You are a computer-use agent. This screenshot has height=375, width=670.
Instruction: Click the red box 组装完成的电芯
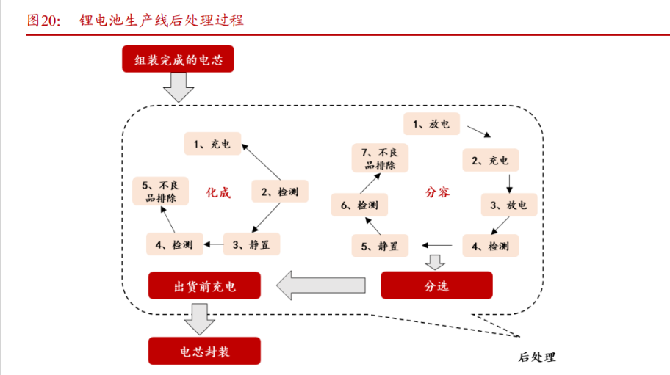tap(178, 59)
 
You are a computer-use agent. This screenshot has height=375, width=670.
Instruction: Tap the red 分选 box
tap(436, 285)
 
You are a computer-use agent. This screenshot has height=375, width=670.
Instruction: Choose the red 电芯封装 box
tap(205, 352)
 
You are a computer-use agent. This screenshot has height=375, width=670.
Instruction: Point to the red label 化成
tap(218, 193)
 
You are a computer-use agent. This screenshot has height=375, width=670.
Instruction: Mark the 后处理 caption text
tap(536, 357)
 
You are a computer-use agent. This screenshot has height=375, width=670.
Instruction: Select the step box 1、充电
tap(212, 144)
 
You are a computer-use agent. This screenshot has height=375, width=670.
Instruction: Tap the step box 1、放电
tap(431, 124)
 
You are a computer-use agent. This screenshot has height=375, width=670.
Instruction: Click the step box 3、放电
tap(508, 205)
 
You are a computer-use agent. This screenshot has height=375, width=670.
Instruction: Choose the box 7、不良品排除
tap(379, 159)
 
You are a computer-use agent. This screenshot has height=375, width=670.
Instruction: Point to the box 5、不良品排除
tap(159, 192)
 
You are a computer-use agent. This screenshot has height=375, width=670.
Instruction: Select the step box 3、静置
tap(251, 244)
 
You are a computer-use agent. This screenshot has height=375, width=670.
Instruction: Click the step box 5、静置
tap(380, 246)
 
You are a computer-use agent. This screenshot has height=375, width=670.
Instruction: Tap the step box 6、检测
tap(358, 205)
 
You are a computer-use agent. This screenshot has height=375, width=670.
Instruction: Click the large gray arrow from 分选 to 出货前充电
tap(320, 285)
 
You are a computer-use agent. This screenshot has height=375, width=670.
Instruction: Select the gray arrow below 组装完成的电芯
tap(178, 89)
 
